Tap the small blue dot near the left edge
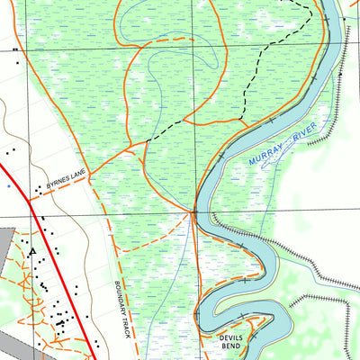[8, 184]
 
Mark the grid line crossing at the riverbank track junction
[193, 213]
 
